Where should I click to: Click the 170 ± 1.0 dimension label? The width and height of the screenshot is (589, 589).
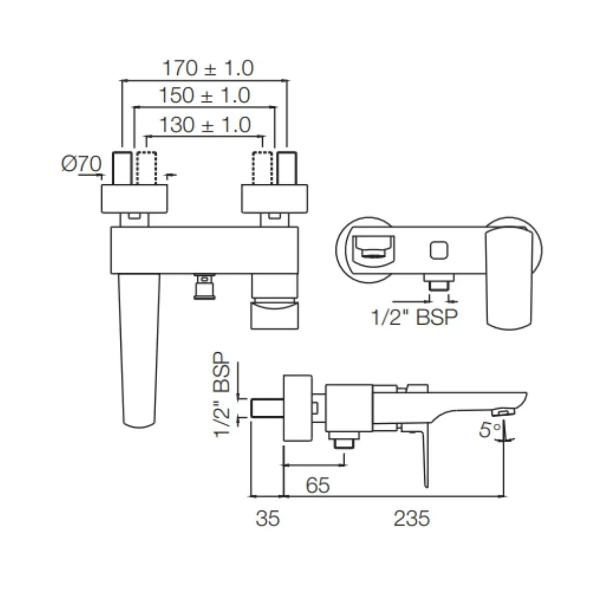click(208, 69)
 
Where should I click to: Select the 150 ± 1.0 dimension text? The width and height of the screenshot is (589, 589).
click(205, 96)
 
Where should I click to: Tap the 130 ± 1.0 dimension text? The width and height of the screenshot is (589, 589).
click(205, 125)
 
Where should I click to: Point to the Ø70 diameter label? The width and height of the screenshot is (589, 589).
click(81, 164)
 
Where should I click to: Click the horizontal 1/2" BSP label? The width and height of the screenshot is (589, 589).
click(413, 316)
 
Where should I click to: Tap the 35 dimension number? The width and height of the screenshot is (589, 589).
click(267, 519)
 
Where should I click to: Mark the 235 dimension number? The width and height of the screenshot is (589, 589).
click(412, 519)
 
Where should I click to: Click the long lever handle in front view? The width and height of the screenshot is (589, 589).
click(140, 349)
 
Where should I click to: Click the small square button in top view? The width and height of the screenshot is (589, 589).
click(439, 250)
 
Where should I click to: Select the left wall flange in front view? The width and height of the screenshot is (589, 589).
click(134, 199)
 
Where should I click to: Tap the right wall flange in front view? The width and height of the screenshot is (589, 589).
click(274, 199)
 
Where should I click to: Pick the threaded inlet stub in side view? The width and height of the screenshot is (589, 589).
click(267, 408)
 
